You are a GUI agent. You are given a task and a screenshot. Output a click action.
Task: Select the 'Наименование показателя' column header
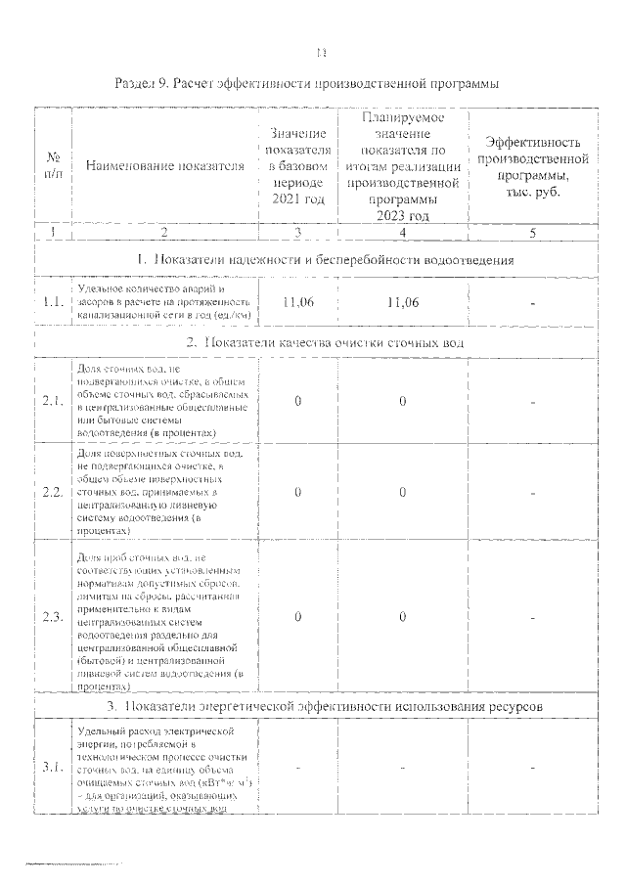click(x=164, y=165)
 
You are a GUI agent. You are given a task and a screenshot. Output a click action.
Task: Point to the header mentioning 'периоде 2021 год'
click(x=296, y=165)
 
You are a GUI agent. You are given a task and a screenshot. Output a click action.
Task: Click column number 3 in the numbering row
click(x=296, y=232)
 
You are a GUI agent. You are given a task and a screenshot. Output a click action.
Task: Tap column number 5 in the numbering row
click(x=534, y=232)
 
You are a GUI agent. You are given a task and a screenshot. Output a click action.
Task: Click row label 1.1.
click(x=53, y=302)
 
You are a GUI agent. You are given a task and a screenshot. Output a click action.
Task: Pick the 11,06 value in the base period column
click(x=296, y=302)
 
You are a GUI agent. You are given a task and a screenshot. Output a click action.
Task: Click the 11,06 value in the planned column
click(x=402, y=302)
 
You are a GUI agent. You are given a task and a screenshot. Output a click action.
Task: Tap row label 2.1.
click(x=53, y=400)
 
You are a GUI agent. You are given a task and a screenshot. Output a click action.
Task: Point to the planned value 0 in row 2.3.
click(x=402, y=617)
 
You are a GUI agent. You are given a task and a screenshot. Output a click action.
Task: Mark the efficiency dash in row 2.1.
click(x=534, y=400)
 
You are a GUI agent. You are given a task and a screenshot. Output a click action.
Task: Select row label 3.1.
click(x=53, y=766)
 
